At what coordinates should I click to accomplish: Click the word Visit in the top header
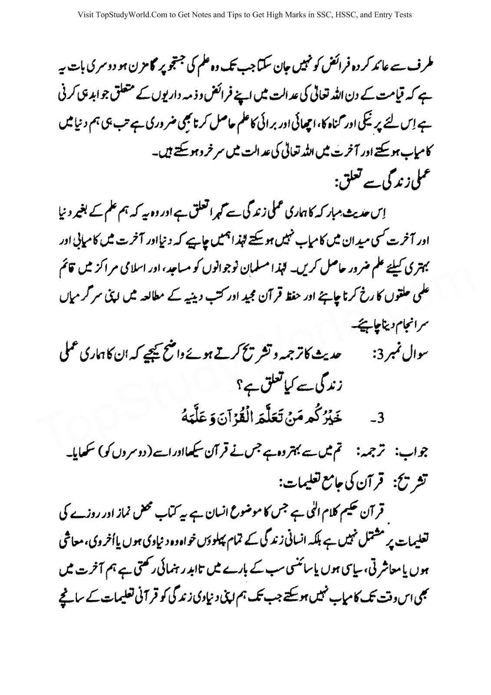[86, 15]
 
